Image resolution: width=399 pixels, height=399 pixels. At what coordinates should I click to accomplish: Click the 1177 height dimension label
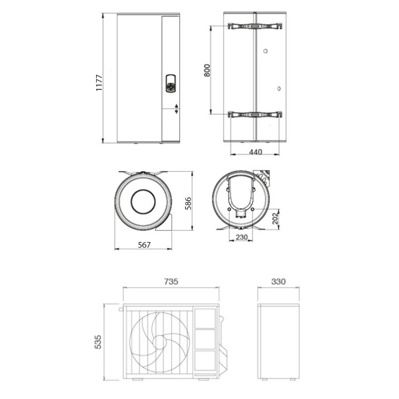click(x=99, y=83)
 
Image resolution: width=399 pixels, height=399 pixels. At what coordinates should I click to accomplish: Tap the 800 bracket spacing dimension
click(x=207, y=71)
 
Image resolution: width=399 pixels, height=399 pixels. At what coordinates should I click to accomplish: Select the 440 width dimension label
click(x=256, y=152)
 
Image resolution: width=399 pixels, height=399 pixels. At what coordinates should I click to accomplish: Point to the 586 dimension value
click(x=188, y=203)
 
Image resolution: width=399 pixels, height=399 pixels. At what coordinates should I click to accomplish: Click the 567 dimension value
click(x=144, y=245)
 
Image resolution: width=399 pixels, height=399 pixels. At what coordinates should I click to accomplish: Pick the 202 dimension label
click(x=275, y=219)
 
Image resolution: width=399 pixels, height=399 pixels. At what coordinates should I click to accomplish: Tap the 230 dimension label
click(x=242, y=237)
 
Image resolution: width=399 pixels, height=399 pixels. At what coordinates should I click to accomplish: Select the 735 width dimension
click(x=171, y=282)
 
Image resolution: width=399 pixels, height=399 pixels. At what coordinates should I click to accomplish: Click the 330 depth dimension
click(x=278, y=282)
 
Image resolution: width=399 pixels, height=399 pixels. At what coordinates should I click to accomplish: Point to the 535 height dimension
click(x=98, y=342)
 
